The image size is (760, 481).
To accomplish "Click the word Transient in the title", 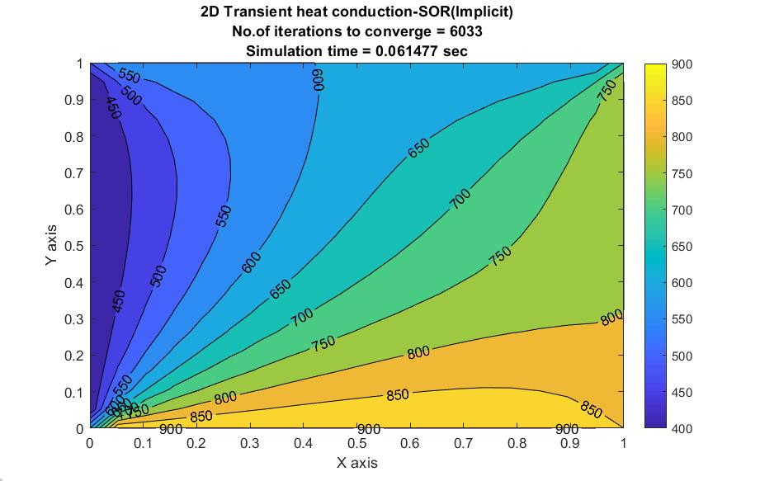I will [x=262, y=12].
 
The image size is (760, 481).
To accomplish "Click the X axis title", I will [x=357, y=463].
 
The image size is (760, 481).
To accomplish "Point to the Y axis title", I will [x=51, y=246].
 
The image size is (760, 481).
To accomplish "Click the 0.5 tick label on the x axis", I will [x=356, y=443].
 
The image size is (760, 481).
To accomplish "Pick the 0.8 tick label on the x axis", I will [x=517, y=443].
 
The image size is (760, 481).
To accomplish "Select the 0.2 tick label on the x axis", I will [x=196, y=443].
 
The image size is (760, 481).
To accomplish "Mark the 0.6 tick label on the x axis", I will [x=410, y=443].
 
